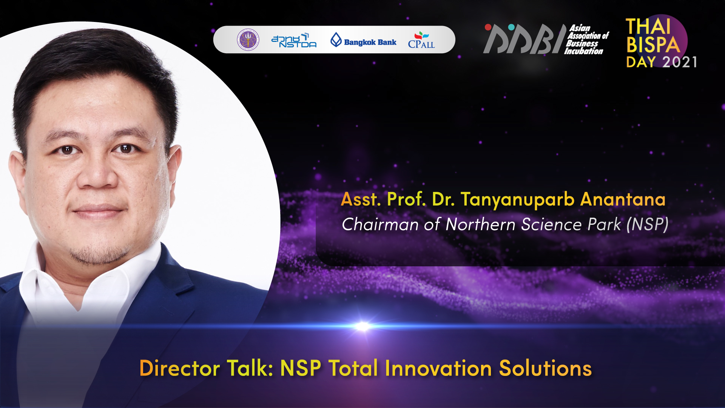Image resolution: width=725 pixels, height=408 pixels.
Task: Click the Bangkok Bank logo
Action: click(363, 40)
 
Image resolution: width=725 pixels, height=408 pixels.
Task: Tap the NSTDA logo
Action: click(294, 40)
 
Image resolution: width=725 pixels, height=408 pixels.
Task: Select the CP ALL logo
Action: click(421, 40)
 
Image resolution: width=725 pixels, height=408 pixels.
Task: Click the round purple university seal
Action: click(248, 40)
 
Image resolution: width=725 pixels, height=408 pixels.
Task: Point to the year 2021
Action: click(680, 62)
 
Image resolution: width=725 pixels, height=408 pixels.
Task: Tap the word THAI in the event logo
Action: click(648, 27)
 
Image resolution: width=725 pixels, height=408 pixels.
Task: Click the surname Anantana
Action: click(623, 199)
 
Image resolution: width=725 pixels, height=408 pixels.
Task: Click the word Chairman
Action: click(380, 224)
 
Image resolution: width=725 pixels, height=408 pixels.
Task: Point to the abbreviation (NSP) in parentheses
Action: click(648, 224)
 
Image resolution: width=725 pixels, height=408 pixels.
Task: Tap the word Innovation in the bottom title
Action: click(438, 368)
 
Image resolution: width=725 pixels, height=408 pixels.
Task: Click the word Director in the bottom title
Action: click(179, 368)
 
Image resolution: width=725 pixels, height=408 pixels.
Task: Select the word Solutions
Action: click(545, 368)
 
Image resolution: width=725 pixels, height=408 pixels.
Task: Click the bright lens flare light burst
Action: click(362, 326)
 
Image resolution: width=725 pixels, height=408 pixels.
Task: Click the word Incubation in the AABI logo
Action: click(583, 51)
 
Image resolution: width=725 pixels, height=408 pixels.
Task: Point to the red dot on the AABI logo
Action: click(488, 27)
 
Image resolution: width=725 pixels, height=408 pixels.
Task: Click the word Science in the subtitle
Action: click(551, 224)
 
